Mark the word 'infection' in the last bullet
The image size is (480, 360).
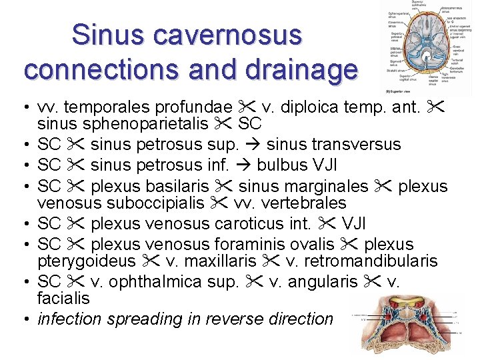[x=70, y=319]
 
